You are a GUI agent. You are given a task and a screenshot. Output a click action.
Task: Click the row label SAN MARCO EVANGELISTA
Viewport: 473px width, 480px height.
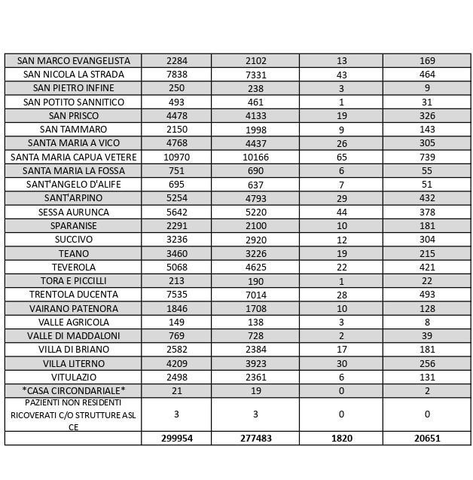pyautogui.click(x=73, y=60)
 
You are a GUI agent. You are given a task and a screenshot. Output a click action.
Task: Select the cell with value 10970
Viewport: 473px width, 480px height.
pyautogui.click(x=176, y=157)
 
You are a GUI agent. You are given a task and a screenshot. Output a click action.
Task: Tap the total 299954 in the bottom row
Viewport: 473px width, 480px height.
pyautogui.click(x=176, y=438)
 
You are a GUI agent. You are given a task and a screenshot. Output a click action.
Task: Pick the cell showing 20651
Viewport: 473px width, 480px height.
pyautogui.click(x=427, y=438)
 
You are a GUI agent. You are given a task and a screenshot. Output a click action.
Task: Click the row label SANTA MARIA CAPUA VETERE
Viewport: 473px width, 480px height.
pyautogui.click(x=73, y=157)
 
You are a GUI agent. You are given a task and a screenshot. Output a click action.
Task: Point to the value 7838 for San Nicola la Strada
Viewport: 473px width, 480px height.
pyautogui.click(x=176, y=75)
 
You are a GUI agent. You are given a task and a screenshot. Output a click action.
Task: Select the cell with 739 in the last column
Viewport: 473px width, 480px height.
pyautogui.click(x=427, y=157)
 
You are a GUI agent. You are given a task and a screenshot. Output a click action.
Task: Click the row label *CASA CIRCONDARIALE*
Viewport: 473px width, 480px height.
pyautogui.click(x=73, y=390)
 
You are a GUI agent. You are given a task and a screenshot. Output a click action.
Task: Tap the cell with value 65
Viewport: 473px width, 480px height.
pyautogui.click(x=341, y=157)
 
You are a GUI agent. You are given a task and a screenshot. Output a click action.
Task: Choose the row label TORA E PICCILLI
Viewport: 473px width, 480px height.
pyautogui.click(x=73, y=280)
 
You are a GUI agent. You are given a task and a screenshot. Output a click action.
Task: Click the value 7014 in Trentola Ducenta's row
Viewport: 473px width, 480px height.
pyautogui.click(x=255, y=294)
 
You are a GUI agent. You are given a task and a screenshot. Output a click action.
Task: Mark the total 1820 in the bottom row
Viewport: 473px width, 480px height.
pyautogui.click(x=341, y=438)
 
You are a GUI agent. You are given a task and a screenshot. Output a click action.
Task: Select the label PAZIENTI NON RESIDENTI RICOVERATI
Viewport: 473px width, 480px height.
pyautogui.click(x=73, y=414)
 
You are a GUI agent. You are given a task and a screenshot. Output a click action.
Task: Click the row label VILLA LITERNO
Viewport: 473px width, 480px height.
pyautogui.click(x=73, y=362)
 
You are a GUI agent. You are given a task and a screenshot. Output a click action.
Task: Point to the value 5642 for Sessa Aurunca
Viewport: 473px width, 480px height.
pyautogui.click(x=176, y=212)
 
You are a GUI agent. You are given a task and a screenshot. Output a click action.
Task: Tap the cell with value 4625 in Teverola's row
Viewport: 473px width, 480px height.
pyautogui.click(x=255, y=267)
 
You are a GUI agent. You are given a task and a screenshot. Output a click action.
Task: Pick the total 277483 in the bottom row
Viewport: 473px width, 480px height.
pyautogui.click(x=255, y=438)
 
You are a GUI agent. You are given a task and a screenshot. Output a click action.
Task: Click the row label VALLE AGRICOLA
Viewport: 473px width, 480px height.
pyautogui.click(x=73, y=322)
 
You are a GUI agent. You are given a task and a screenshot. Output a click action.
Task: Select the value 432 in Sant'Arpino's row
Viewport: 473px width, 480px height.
pyautogui.click(x=427, y=198)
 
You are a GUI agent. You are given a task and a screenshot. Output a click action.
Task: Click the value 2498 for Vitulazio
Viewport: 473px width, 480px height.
pyautogui.click(x=176, y=376)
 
